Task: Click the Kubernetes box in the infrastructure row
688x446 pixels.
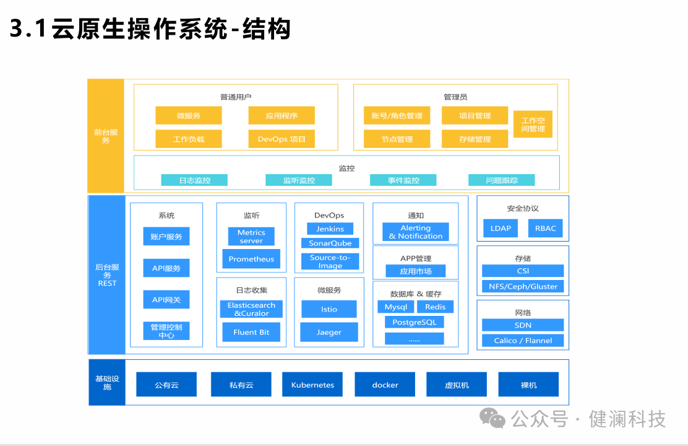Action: [312, 385]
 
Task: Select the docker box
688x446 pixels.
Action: [385, 385]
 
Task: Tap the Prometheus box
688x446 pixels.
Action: [251, 259]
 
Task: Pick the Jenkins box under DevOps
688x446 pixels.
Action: [330, 229]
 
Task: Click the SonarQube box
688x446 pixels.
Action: [330, 243]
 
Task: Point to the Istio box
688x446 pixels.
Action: [329, 309]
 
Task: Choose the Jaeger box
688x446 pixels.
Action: [329, 332]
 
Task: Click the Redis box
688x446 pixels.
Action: [435, 307]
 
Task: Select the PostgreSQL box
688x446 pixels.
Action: [414, 322]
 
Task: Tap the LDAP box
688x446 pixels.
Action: [501, 228]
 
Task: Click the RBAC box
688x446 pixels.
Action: [546, 228]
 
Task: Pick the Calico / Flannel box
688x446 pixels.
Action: [523, 341]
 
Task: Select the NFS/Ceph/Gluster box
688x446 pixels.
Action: [523, 286]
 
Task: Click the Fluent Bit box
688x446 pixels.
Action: [251, 332]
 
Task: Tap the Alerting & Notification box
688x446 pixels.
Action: [415, 232]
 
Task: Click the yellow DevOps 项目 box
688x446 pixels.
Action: [282, 139]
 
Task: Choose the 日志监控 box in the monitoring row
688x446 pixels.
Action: [194, 180]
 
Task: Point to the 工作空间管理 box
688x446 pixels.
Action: [533, 125]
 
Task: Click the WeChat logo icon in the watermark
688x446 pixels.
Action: [493, 418]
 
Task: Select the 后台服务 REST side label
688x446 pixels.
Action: [106, 275]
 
